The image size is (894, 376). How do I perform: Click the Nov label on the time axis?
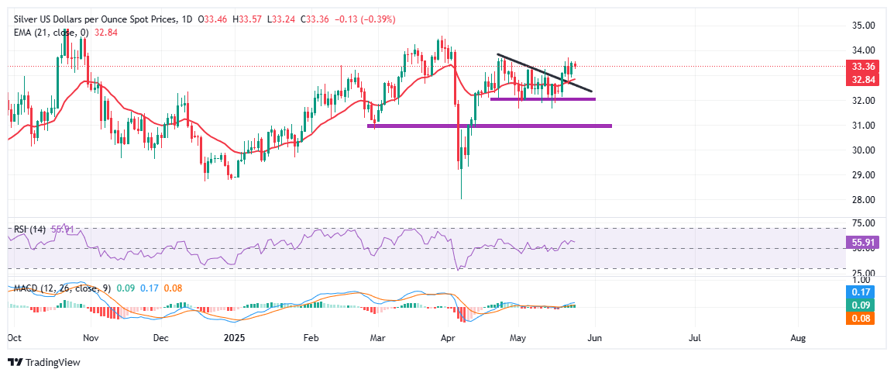(x=91, y=339)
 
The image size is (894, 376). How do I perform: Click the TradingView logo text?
(x=53, y=362)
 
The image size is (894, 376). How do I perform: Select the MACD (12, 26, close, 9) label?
(x=55, y=288)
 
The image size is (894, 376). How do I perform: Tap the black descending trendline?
(x=542, y=72)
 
